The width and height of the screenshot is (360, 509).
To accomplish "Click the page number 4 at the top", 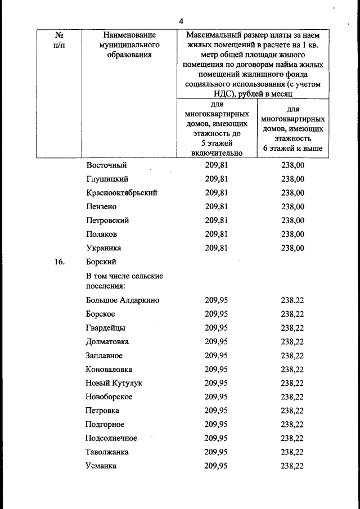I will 181,21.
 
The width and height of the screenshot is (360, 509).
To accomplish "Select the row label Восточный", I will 107,165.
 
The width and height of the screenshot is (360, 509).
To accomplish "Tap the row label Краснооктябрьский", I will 122,193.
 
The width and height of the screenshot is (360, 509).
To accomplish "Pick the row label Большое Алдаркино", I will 123,300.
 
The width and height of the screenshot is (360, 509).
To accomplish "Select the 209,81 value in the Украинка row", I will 217,248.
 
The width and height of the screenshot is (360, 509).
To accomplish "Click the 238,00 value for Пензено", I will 292,207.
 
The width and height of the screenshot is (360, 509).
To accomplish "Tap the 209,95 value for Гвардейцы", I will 217,328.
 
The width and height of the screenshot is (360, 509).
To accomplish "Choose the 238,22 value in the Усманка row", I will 292,466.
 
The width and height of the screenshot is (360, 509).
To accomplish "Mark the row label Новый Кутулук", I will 114,383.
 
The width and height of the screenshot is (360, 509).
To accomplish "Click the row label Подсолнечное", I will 111,438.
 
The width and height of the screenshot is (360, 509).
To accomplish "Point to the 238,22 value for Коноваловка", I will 292,370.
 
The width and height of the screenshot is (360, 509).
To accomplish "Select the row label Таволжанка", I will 107,452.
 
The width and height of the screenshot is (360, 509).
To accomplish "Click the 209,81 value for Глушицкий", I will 217,179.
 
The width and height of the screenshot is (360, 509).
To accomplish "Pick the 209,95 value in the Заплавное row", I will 217,355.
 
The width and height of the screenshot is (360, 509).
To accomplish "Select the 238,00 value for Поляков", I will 292,235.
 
